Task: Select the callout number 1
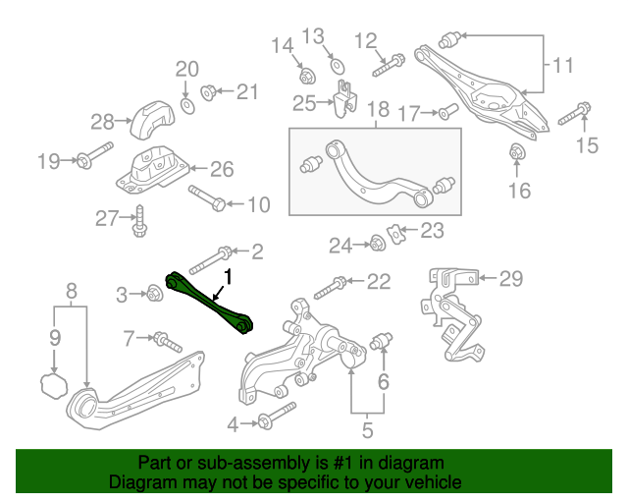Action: pyautogui.click(x=228, y=276)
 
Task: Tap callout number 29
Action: pyautogui.click(x=511, y=279)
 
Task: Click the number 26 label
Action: pyautogui.click(x=222, y=169)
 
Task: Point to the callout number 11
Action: pyautogui.click(x=562, y=66)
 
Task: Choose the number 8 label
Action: pyautogui.click(x=72, y=290)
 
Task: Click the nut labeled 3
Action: pyautogui.click(x=153, y=292)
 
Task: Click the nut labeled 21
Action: pyautogui.click(x=208, y=92)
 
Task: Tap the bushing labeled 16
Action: pyautogui.click(x=518, y=152)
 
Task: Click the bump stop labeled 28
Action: pyautogui.click(x=149, y=120)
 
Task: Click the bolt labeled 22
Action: pyautogui.click(x=330, y=287)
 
